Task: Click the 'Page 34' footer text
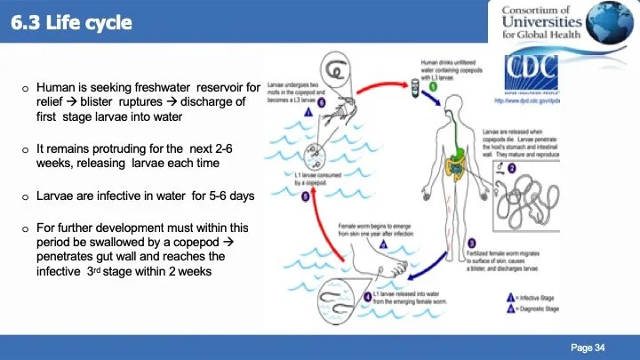(587, 347)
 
